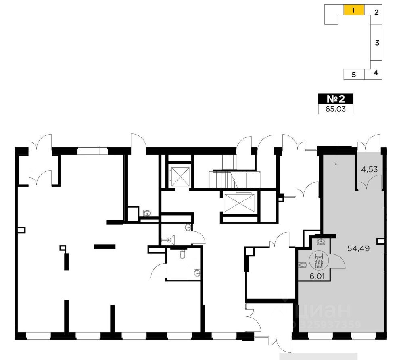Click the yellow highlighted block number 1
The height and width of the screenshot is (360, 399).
click(x=354, y=10)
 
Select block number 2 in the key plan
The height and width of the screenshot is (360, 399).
click(x=376, y=12)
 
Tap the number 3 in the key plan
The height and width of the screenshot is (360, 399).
click(x=376, y=43)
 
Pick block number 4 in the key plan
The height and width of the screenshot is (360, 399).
click(x=376, y=73)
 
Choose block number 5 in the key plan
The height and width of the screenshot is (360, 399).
click(x=353, y=74)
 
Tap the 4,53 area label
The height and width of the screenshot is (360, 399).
click(x=370, y=170)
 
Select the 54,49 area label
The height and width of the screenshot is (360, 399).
click(x=359, y=248)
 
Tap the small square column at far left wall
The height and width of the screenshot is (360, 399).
click(x=21, y=230)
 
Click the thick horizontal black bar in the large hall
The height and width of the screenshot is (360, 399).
click(x=104, y=246)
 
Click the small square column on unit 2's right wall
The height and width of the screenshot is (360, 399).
click(x=380, y=241)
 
